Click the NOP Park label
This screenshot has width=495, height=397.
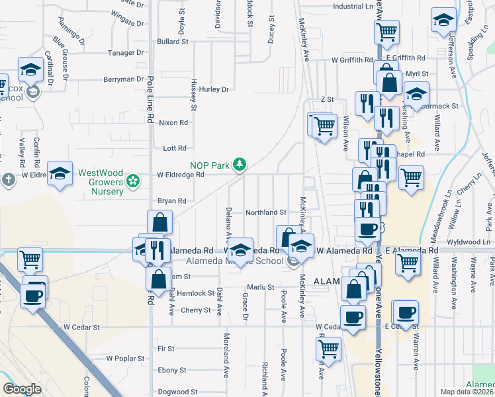point(210,164)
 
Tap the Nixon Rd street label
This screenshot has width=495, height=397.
point(174,122)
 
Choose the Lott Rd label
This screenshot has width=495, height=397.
point(175,148)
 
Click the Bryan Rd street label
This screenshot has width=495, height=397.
point(171,200)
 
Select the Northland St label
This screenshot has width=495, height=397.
point(265,212)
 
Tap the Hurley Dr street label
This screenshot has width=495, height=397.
point(214,89)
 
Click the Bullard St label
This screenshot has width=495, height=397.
point(173,41)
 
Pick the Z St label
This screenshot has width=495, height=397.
point(326,99)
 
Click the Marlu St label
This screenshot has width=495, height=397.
point(261,287)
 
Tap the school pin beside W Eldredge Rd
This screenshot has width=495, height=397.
point(60,174)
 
